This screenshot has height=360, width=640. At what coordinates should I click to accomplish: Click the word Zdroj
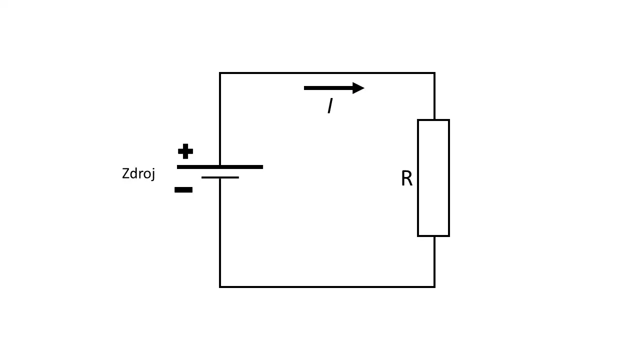click(138, 173)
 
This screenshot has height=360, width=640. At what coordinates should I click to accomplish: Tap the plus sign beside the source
click(185, 151)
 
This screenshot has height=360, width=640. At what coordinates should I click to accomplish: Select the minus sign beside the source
click(183, 189)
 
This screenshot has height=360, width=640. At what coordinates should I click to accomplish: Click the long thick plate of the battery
click(220, 167)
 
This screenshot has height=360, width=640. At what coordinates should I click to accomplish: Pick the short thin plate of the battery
click(220, 177)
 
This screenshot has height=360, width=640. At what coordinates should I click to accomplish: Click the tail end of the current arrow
click(304, 88)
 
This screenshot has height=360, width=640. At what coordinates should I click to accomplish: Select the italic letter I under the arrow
click(330, 105)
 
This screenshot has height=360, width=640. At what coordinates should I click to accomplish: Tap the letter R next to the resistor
click(407, 178)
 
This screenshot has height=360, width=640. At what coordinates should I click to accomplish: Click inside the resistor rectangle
click(433, 178)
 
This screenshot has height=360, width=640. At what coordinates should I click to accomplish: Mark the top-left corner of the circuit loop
click(220, 73)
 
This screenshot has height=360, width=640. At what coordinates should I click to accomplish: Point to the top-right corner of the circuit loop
click(434, 73)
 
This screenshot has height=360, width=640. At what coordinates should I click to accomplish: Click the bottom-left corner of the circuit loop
click(220, 286)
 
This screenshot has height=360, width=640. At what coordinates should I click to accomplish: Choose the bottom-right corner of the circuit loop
click(434, 286)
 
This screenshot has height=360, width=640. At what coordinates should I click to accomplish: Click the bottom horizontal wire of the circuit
click(327, 286)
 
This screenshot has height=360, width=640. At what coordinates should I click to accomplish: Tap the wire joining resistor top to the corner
click(434, 96)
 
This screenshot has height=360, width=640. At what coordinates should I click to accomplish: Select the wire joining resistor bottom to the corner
click(434, 261)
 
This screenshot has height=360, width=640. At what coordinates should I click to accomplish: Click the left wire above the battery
click(220, 119)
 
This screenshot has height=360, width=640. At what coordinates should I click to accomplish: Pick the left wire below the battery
click(220, 232)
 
